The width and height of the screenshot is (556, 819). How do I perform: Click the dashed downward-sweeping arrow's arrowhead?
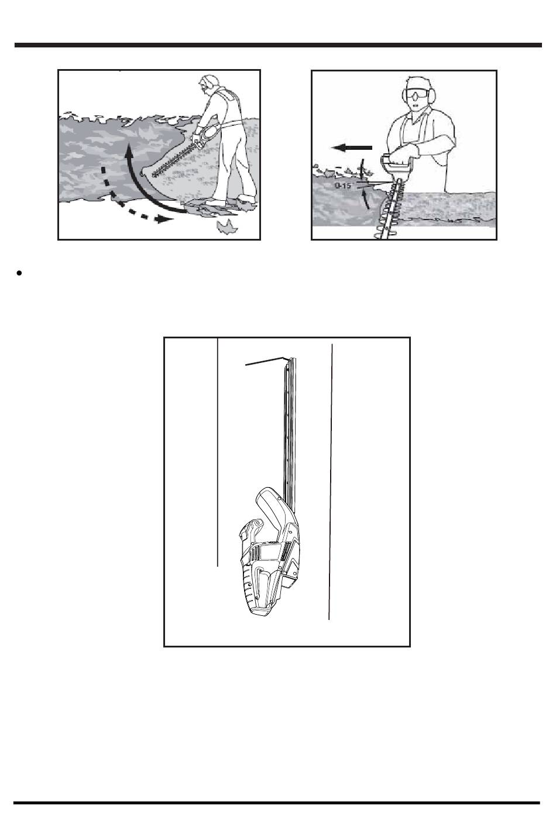coord(164,219)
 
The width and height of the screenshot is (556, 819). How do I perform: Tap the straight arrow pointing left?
coord(351,148)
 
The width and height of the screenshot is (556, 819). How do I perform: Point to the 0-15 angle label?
coord(343,186)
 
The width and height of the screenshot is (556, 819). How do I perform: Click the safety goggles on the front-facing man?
coord(417,95)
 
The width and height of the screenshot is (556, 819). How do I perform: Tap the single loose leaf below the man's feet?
coord(227,227)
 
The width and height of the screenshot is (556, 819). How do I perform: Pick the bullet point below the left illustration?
coord(19,273)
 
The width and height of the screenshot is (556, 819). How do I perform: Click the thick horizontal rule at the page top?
coord(278,45)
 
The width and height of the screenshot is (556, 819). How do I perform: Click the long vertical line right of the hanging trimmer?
coord(331,482)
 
